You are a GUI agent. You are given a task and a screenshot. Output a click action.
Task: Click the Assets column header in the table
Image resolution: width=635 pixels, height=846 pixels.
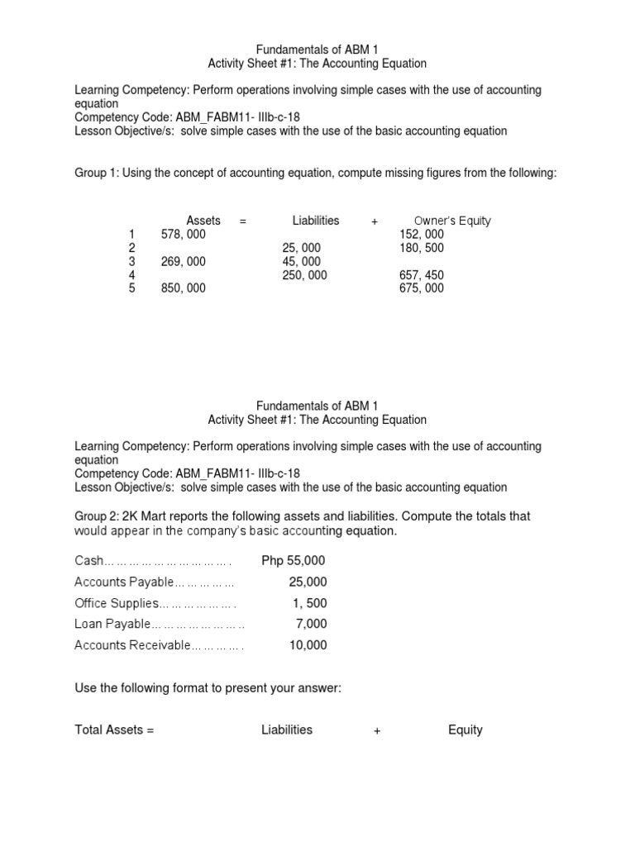203,221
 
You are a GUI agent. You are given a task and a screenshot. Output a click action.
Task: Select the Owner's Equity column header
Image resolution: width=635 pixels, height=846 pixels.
452,221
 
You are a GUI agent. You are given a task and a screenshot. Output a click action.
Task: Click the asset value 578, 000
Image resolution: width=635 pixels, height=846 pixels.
184,235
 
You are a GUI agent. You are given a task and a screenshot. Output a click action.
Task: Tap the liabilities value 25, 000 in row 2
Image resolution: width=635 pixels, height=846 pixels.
301,248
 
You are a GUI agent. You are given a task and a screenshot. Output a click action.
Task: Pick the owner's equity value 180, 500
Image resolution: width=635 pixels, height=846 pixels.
421,248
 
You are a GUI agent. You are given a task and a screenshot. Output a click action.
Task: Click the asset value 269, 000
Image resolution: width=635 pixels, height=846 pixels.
184,261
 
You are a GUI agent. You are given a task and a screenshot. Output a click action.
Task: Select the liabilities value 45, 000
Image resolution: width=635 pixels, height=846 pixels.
301,261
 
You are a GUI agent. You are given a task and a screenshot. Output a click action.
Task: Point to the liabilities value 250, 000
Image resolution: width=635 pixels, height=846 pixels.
304,275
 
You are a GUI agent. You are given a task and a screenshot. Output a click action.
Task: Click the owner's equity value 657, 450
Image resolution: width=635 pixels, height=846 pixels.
421,275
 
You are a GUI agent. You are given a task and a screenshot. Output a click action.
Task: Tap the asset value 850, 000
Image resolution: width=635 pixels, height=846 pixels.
184,288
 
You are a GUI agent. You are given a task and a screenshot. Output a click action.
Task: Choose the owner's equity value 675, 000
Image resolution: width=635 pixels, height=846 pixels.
421,288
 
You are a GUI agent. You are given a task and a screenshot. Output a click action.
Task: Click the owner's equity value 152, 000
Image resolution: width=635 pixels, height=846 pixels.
421,235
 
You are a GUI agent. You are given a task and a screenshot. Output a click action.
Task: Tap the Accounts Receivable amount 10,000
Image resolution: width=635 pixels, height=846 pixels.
308,645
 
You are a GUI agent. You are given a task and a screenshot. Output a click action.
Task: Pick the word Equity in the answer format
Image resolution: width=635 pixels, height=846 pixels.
466,730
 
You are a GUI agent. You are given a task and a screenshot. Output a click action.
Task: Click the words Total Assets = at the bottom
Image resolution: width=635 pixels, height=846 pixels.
114,730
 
